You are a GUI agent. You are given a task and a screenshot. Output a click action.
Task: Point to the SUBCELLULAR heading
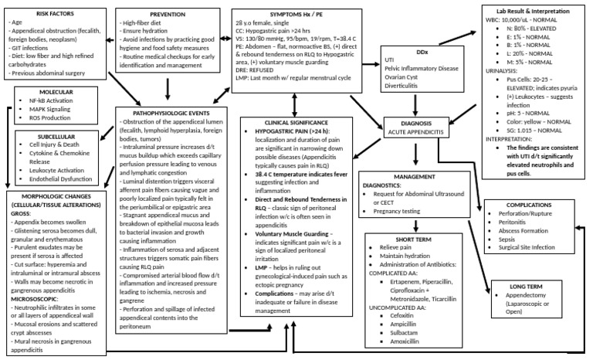[56, 135]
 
